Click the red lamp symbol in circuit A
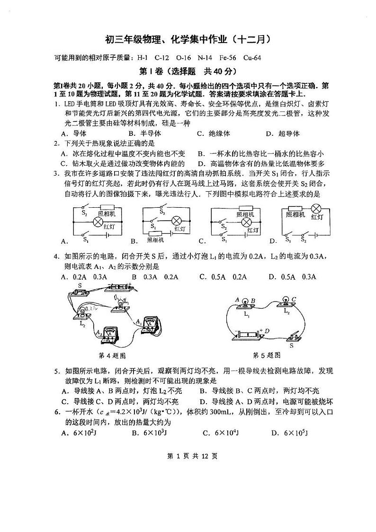(x=98, y=222)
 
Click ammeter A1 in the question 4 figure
(x=151, y=324)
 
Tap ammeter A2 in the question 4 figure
(x=111, y=334)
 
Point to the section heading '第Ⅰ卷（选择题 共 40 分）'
(x=188, y=72)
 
